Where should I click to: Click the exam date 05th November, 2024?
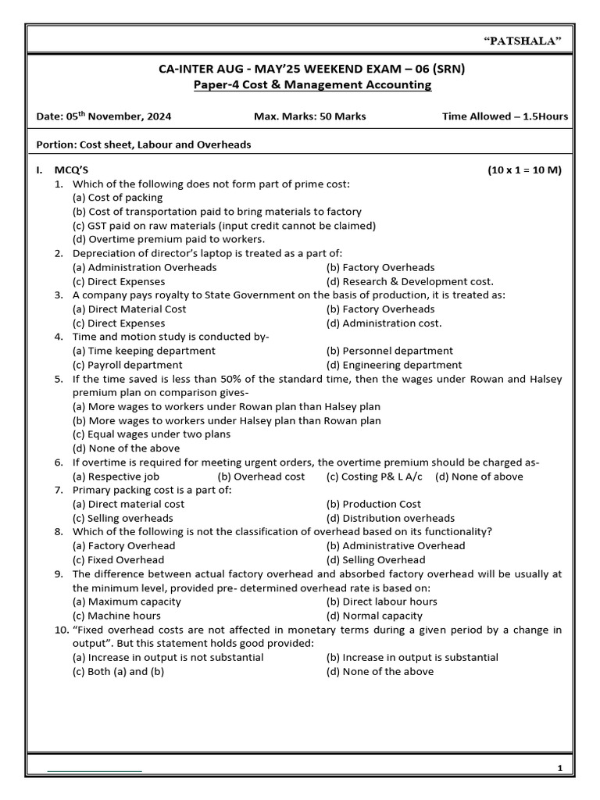click(x=104, y=117)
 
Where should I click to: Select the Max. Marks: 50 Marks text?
click(x=309, y=117)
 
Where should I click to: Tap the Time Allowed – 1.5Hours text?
click(x=505, y=117)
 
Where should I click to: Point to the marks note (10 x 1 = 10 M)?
click(x=524, y=170)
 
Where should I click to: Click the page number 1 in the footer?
click(x=560, y=769)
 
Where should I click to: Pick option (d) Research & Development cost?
click(x=409, y=281)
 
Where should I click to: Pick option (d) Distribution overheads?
click(x=390, y=518)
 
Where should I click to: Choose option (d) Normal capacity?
click(x=374, y=616)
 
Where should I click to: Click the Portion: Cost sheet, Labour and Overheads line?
click(x=143, y=145)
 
